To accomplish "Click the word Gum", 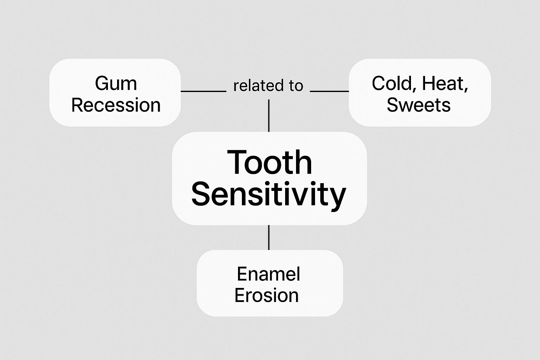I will pos(116,84).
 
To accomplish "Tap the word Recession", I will pos(116,105).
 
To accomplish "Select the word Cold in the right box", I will pos(392,84).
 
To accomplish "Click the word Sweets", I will pos(418,105).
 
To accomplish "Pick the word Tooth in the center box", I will pos(269,162).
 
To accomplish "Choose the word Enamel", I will pos(269,274).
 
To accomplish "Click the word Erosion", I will pos(266,295).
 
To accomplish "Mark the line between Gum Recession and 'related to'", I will pos(203,91).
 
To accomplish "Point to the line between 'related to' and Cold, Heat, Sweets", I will pos(329,91).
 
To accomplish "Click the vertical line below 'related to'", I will pos(269,115).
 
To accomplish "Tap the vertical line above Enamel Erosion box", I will pos(269,237).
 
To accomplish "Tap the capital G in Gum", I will pos(102,84).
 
